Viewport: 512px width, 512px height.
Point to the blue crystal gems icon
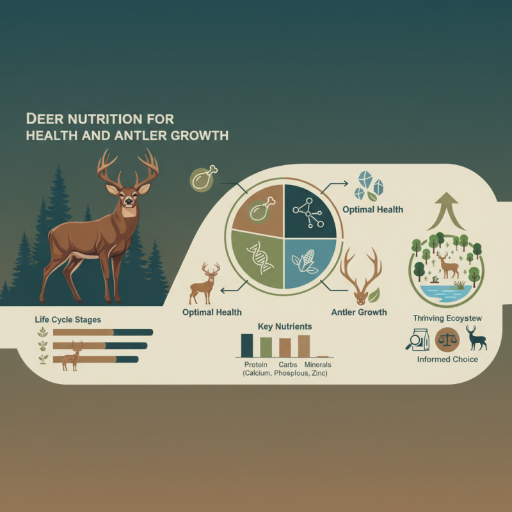coord(371,186)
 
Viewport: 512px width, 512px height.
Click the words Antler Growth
coord(359,312)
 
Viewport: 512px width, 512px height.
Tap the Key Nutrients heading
coord(285,326)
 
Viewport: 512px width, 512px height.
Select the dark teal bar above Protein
coord(247,345)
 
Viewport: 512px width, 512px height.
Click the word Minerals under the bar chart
coord(317,365)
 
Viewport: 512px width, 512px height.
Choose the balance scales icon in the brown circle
coord(447,339)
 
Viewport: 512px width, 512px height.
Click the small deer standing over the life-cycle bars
coord(72,356)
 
